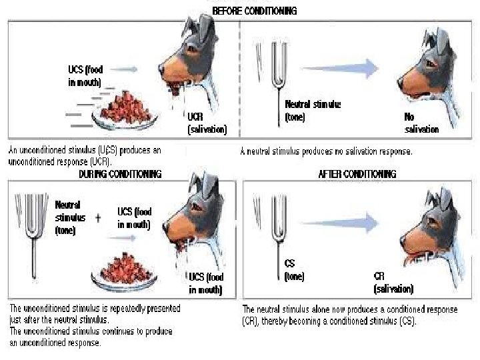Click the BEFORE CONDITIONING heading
pyautogui.click(x=255, y=11)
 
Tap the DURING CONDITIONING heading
pyautogui.click(x=120, y=174)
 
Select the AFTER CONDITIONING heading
pyautogui.click(x=357, y=174)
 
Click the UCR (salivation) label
pyautogui.click(x=207, y=122)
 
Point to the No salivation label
pyautogui.click(x=421, y=123)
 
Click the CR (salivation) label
pyautogui.click(x=393, y=283)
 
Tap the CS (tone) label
pyautogui.click(x=294, y=271)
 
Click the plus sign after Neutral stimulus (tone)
pyautogui.click(x=97, y=218)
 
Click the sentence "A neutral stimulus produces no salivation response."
pyautogui.click(x=326, y=151)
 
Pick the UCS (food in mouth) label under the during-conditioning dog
pyautogui.click(x=206, y=283)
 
